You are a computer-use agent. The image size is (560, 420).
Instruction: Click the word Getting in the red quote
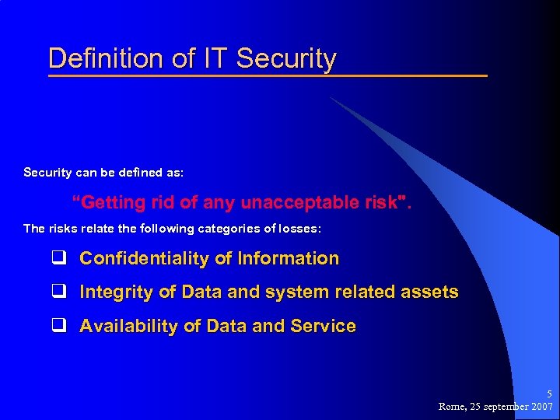click(x=113, y=203)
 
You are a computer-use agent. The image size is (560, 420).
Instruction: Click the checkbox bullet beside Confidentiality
click(x=58, y=258)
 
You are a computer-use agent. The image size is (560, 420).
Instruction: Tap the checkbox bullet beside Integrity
click(x=58, y=292)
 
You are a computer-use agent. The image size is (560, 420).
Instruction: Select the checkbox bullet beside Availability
click(x=58, y=327)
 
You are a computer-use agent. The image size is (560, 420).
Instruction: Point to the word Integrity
click(x=116, y=292)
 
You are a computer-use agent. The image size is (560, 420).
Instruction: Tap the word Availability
click(x=129, y=327)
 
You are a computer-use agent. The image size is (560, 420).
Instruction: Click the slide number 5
click(x=549, y=394)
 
